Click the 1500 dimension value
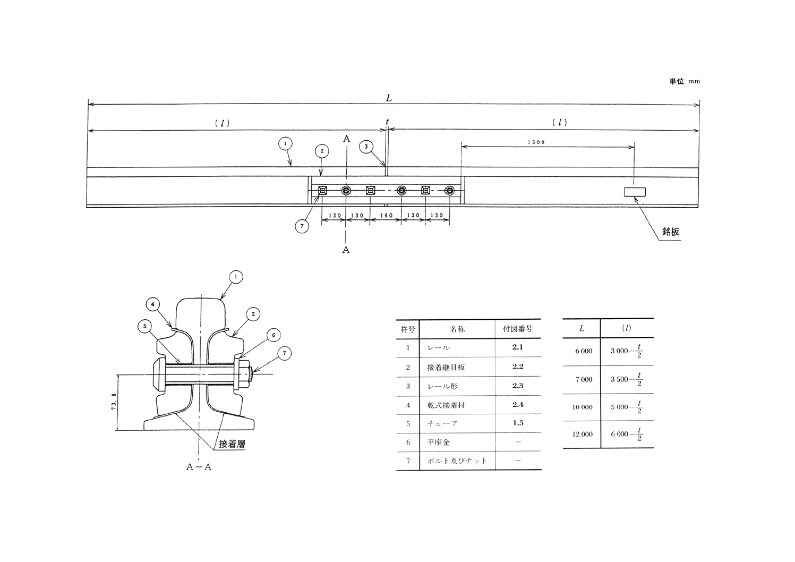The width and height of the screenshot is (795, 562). (536, 142)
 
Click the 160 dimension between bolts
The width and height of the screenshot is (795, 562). (386, 216)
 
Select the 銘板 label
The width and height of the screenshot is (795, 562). (670, 232)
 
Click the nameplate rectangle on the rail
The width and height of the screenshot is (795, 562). (635, 192)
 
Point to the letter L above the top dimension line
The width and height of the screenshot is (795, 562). (389, 98)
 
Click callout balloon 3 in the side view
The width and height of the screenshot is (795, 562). (366, 147)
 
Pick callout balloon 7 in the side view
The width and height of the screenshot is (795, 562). (302, 226)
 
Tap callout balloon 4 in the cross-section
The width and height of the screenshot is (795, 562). (152, 304)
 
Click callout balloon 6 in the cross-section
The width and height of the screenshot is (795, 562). (273, 335)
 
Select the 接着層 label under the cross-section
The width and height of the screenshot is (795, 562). (232, 444)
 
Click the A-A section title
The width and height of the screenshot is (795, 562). (199, 467)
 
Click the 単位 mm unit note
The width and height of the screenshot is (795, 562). (684, 81)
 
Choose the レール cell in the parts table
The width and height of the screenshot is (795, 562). (439, 348)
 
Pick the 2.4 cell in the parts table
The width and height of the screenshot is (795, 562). (518, 405)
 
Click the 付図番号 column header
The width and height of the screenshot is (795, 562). (518, 329)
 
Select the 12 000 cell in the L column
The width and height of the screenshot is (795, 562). (582, 435)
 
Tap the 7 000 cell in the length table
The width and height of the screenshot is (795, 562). (583, 380)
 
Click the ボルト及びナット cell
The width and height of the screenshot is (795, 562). (457, 461)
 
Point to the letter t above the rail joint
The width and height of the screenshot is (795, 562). (387, 122)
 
